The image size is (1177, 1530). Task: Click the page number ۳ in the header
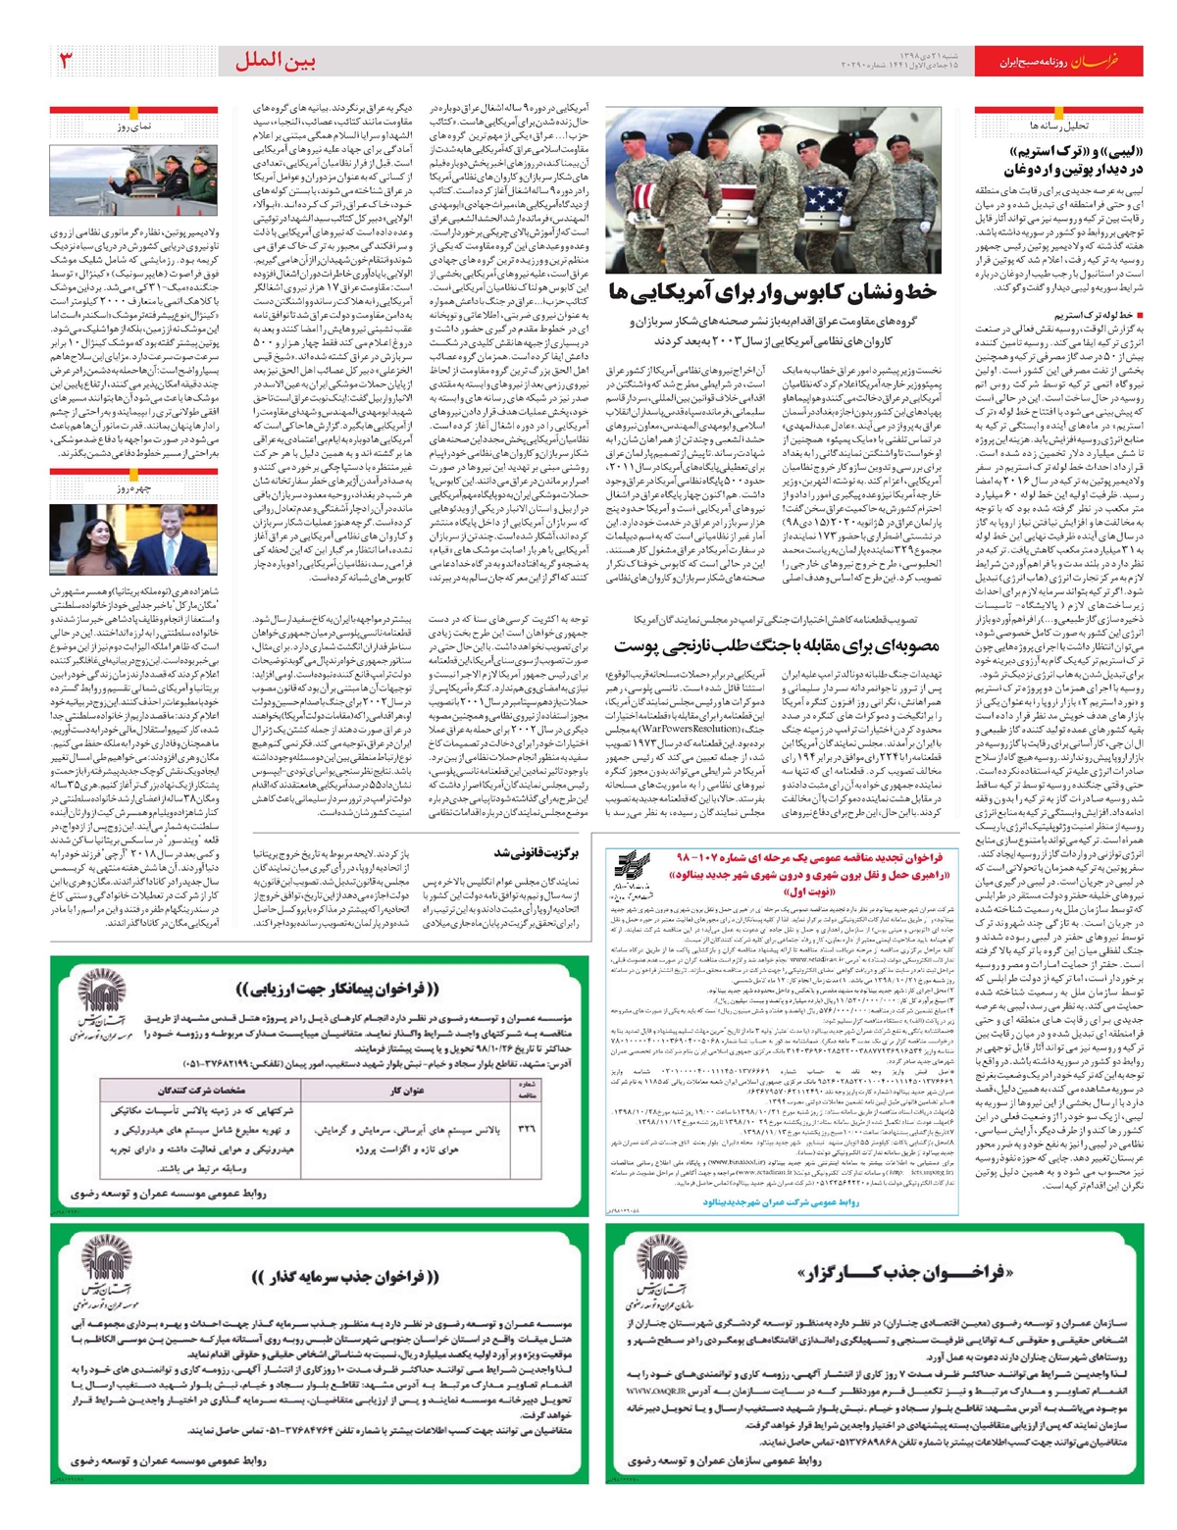(67, 61)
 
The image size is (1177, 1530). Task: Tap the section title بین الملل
(275, 61)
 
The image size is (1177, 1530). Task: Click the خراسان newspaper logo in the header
(1094, 62)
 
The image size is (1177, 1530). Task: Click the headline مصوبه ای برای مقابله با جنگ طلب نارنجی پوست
(777, 646)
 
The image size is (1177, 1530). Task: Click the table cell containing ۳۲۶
(527, 1129)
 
